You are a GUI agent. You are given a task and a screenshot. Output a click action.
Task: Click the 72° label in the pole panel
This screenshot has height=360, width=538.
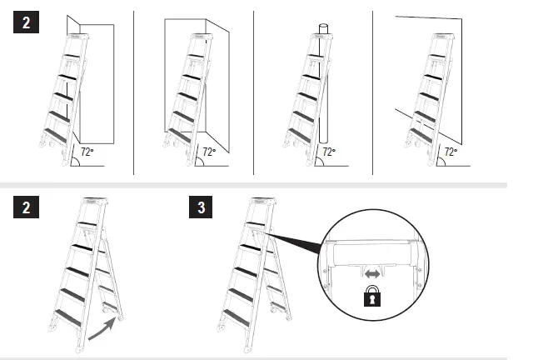(x=330, y=152)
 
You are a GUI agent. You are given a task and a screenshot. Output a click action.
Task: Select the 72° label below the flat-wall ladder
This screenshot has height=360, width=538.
(x=451, y=152)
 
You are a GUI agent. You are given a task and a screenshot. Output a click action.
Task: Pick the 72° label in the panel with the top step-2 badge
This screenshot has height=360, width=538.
(x=87, y=152)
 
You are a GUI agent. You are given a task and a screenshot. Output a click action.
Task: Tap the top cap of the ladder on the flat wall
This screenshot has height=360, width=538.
(x=440, y=37)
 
